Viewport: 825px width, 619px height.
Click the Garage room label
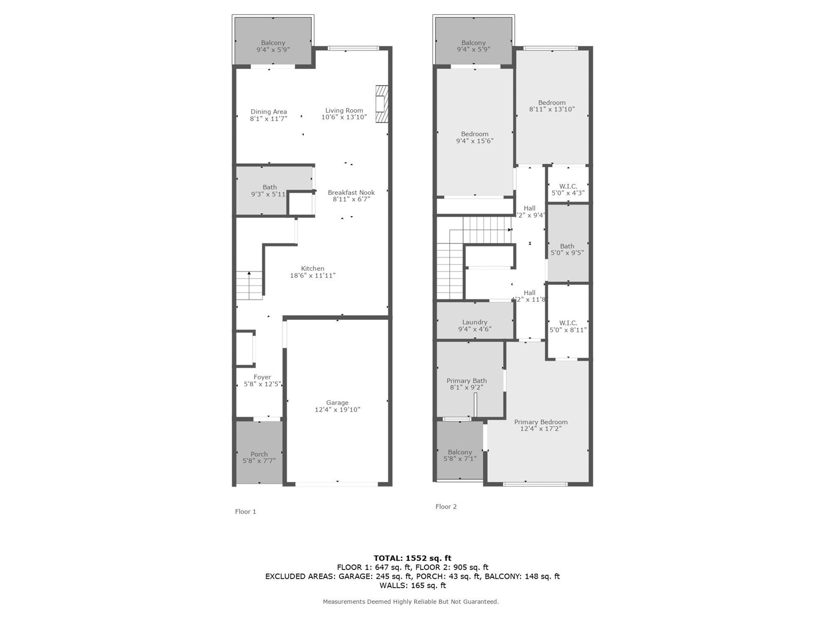tap(337, 403)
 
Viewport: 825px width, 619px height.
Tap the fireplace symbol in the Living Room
tap(381, 105)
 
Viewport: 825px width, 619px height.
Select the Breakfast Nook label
tap(351, 192)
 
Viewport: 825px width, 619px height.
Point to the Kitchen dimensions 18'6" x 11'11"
tap(312, 275)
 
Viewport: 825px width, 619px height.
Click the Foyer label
tap(262, 377)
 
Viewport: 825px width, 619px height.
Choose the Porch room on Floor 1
tap(259, 454)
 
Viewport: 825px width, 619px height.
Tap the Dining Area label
tap(269, 111)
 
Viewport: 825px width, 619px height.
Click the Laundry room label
tap(474, 322)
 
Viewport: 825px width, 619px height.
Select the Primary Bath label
tap(466, 381)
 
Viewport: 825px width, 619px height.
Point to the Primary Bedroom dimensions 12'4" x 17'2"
tap(540, 429)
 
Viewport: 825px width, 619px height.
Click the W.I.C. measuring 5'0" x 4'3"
tap(568, 189)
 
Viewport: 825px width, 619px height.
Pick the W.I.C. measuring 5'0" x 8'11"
tap(568, 326)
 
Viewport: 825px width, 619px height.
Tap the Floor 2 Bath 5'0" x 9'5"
tap(567, 250)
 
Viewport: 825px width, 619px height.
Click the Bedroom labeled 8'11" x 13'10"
tap(552, 106)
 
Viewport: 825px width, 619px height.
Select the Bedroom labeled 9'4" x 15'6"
tap(474, 137)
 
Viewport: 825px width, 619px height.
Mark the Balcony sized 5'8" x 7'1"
tap(460, 455)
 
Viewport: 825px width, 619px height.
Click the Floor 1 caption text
tap(245, 512)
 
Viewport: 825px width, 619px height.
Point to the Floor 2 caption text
tap(446, 507)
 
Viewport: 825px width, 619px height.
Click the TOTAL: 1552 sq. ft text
tap(412, 558)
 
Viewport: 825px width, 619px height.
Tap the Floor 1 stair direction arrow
tap(249, 273)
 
